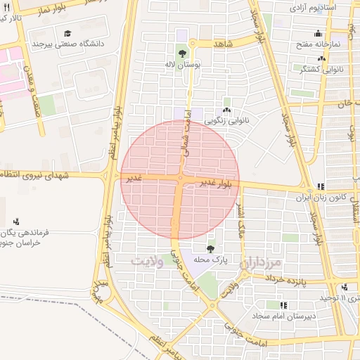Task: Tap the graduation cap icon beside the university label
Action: tap(67, 33)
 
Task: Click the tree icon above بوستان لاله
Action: tap(182, 53)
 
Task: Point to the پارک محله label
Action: tap(211, 259)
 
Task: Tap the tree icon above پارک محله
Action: tap(211, 248)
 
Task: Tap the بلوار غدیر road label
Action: tap(215, 184)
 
